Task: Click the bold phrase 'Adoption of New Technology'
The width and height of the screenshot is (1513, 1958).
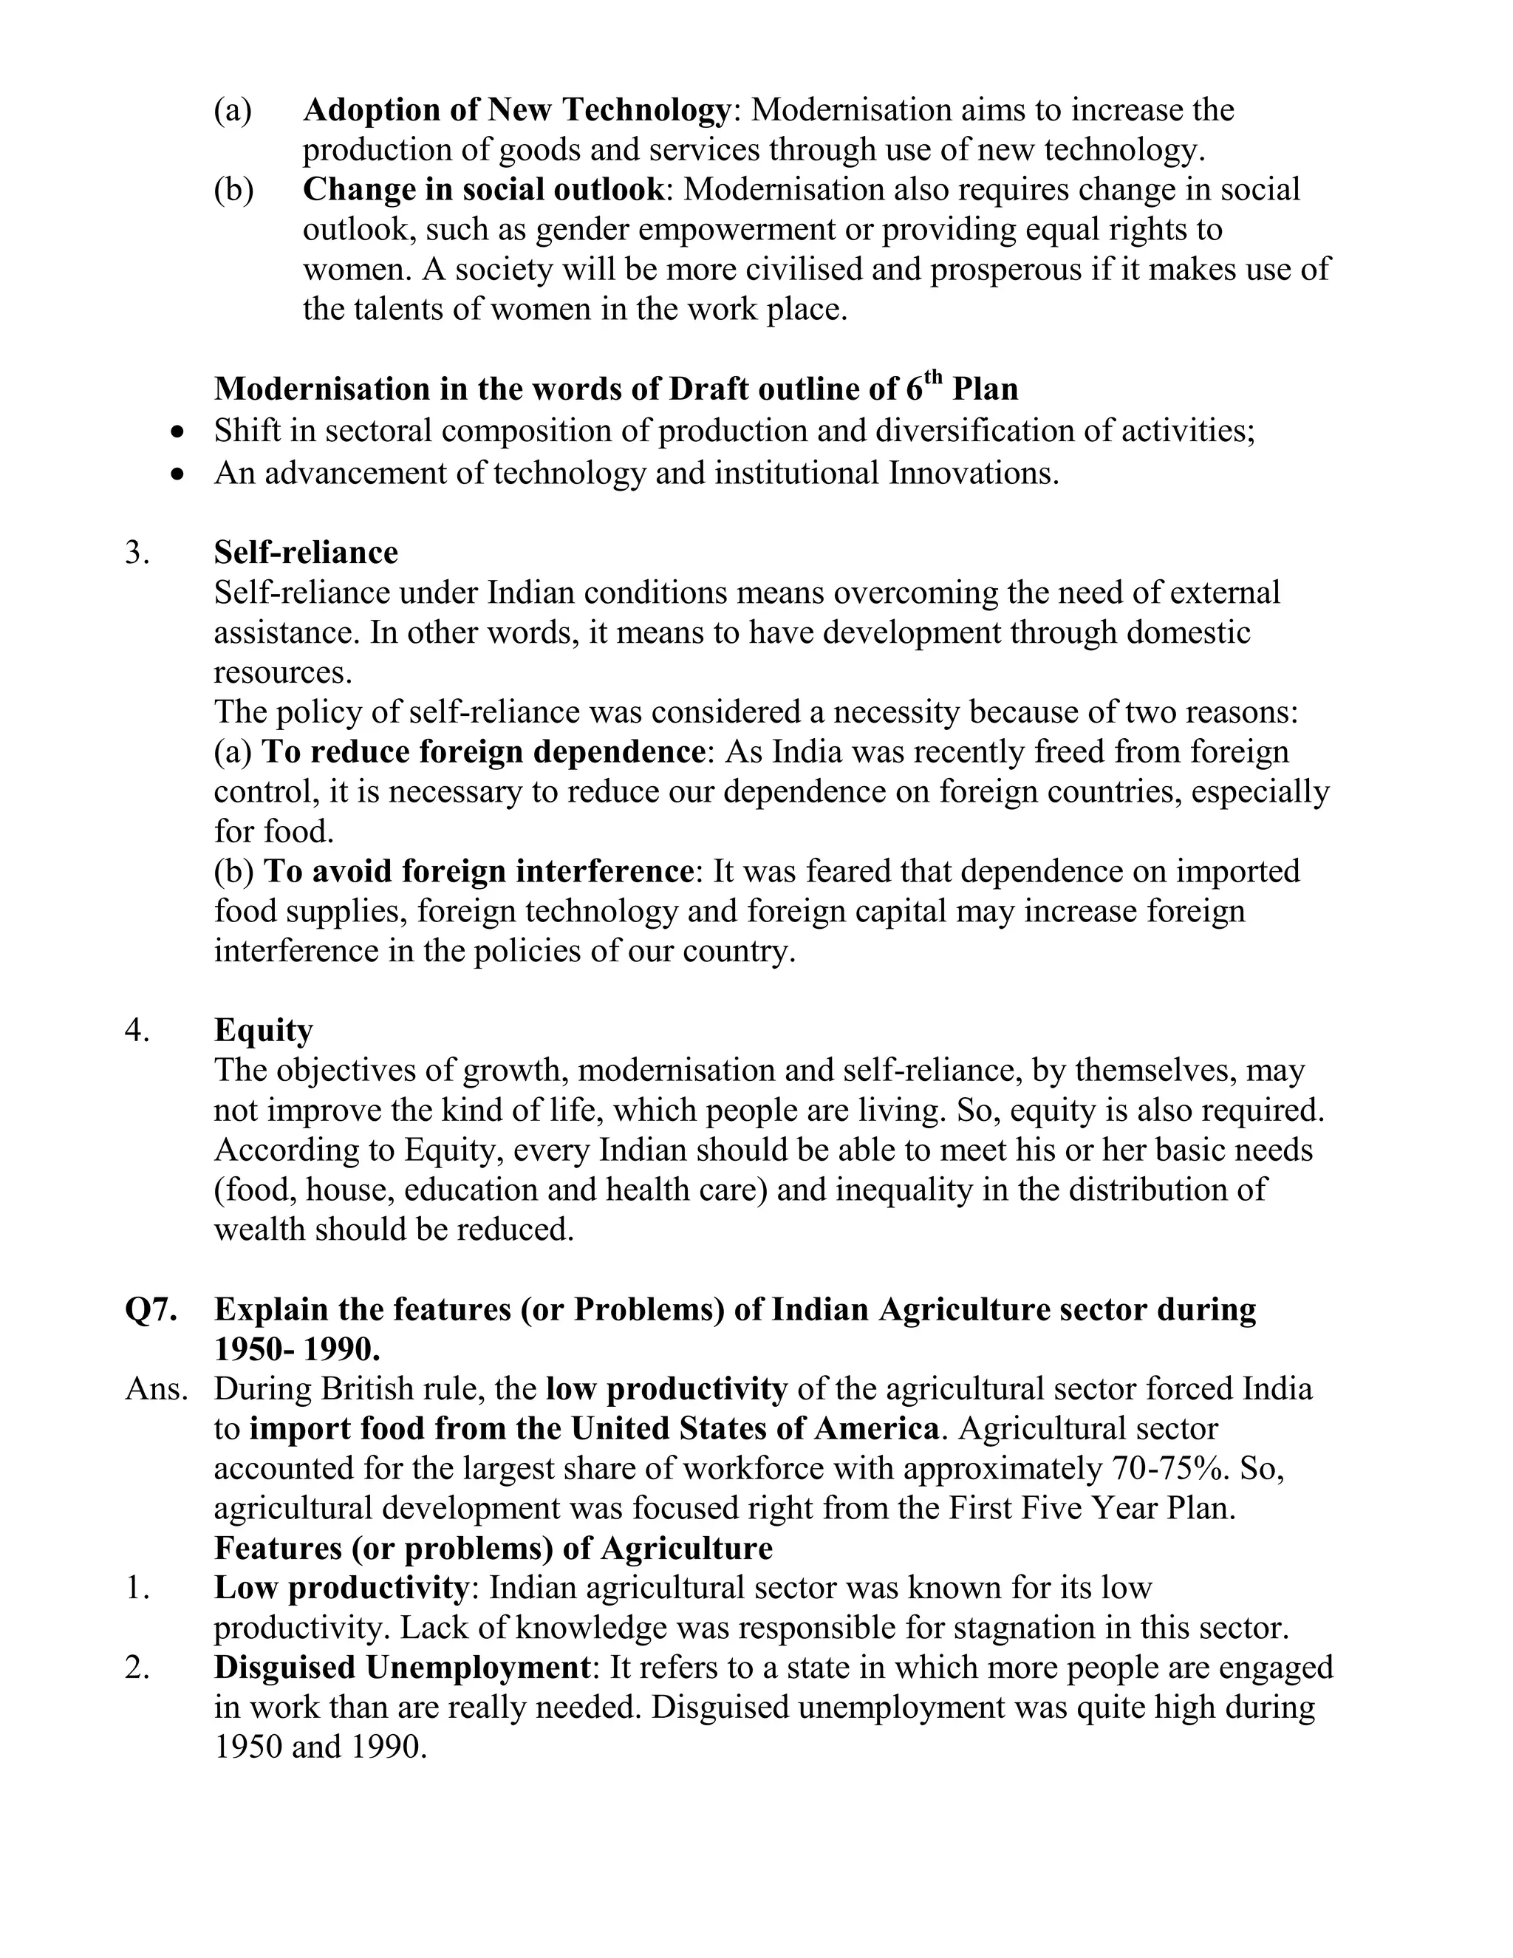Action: pos(517,110)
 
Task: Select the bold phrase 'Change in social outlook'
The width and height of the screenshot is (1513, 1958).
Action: pos(483,190)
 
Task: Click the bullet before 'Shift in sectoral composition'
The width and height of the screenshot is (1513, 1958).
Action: pos(180,432)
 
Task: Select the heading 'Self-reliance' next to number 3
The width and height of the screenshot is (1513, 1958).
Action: pos(306,552)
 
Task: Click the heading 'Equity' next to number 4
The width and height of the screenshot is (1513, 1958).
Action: pos(262,1030)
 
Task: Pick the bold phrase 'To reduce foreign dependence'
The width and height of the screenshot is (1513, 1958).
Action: pos(483,751)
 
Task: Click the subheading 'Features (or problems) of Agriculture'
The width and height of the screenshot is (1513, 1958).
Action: pos(493,1548)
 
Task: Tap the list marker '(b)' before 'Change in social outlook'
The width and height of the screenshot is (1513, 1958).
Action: pos(233,190)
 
